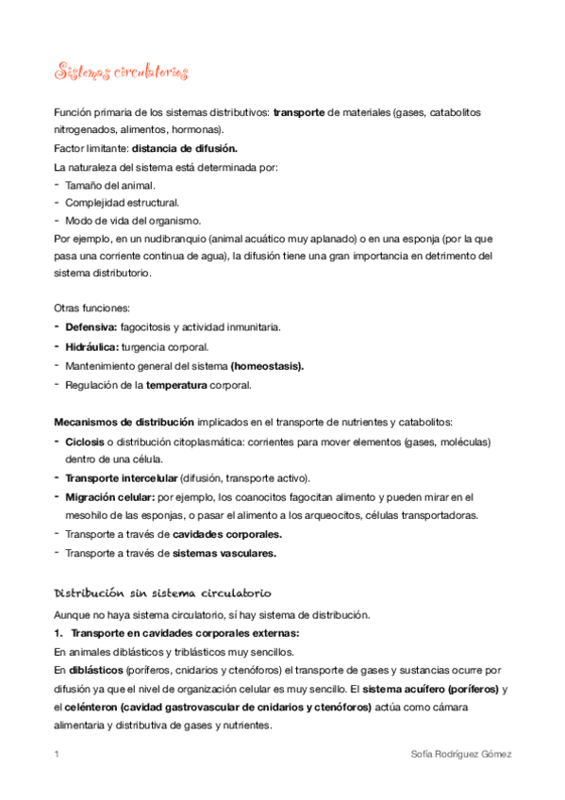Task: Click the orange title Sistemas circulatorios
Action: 121,73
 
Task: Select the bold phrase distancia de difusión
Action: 185,148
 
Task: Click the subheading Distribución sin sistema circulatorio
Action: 162,592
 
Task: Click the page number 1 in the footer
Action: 57,755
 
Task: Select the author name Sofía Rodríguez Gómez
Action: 461,755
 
